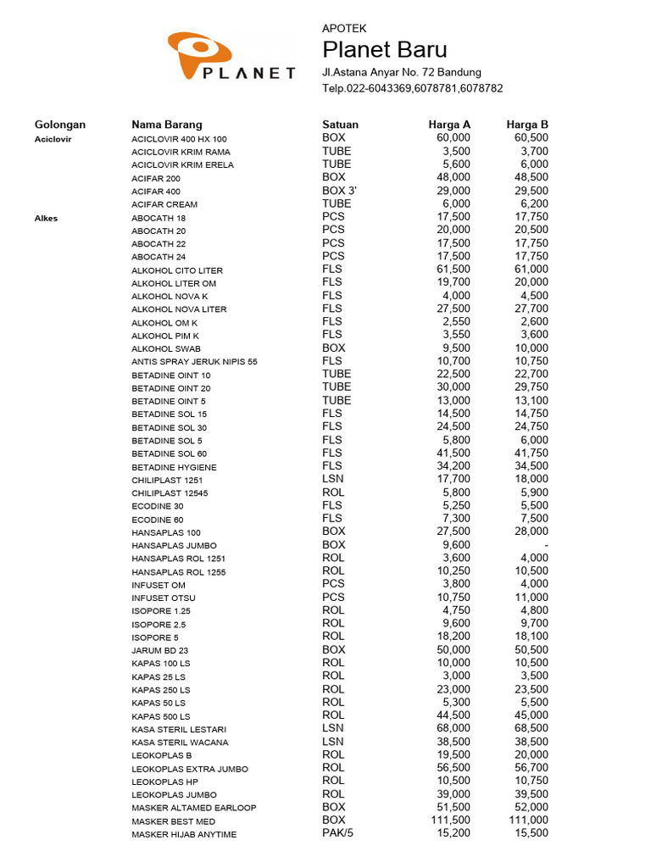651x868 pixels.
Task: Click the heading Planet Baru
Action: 385,49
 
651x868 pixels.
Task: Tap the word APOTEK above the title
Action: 344,28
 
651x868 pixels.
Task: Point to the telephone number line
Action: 413,88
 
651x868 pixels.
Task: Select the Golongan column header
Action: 60,125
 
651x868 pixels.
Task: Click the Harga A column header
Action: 449,125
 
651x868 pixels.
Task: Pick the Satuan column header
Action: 340,125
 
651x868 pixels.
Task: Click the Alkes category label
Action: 46,218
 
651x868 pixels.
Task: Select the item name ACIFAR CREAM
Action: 164,204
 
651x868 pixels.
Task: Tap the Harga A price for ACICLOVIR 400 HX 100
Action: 453,137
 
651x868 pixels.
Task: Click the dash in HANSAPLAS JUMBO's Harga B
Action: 546,545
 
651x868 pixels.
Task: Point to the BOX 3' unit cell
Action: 339,191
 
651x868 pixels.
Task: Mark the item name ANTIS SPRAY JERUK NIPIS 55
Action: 194,362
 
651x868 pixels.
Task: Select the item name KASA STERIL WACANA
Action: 180,743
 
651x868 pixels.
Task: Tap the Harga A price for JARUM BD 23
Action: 453,649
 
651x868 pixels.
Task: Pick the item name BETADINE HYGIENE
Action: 174,467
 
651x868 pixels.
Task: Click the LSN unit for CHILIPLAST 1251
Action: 332,479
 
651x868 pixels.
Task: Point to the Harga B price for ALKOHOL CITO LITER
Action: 531,270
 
